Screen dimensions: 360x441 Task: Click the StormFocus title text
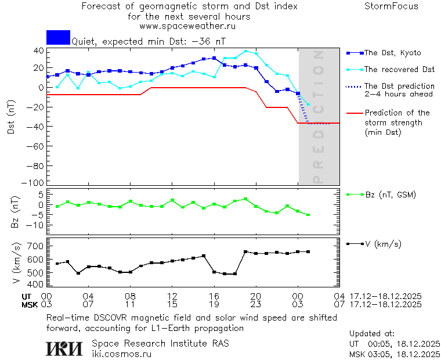click(x=391, y=6)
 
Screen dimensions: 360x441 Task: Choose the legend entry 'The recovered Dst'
click(x=399, y=70)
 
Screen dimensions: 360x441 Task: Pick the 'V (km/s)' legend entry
click(x=383, y=244)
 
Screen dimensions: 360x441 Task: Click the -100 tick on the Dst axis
click(x=35, y=183)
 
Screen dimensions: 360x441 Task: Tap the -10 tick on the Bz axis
click(x=35, y=225)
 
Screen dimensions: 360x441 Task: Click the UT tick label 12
click(x=172, y=296)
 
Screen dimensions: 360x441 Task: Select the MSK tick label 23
click(x=256, y=304)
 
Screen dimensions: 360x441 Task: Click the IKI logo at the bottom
click(x=66, y=348)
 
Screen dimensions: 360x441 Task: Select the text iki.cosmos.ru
click(x=121, y=354)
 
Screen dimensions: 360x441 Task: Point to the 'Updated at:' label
click(x=371, y=334)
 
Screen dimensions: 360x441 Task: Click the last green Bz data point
click(x=308, y=215)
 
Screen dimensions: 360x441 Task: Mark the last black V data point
click(x=308, y=251)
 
